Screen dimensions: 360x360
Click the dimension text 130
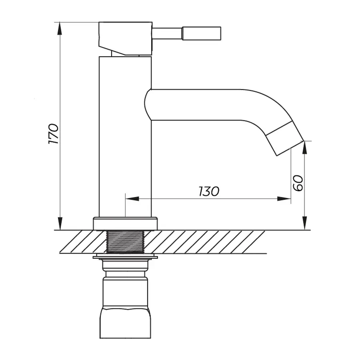[209, 192]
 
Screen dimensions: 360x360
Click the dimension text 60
[298, 183]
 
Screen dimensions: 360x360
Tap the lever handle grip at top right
[202, 33]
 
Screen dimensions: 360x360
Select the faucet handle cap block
[125, 38]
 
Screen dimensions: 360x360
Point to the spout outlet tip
[289, 142]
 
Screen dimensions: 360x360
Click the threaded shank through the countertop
[125, 242]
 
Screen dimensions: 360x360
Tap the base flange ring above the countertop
[125, 224]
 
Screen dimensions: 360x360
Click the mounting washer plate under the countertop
[125, 256]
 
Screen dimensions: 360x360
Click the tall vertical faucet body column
[125, 136]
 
